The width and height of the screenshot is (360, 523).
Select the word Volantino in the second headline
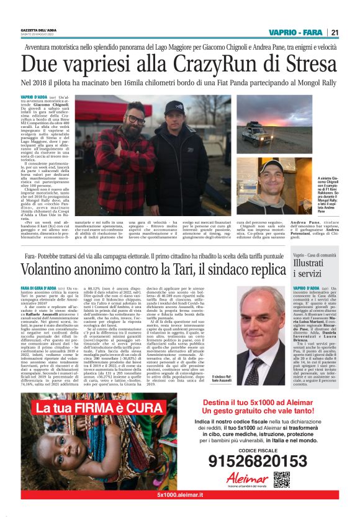[61, 269]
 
